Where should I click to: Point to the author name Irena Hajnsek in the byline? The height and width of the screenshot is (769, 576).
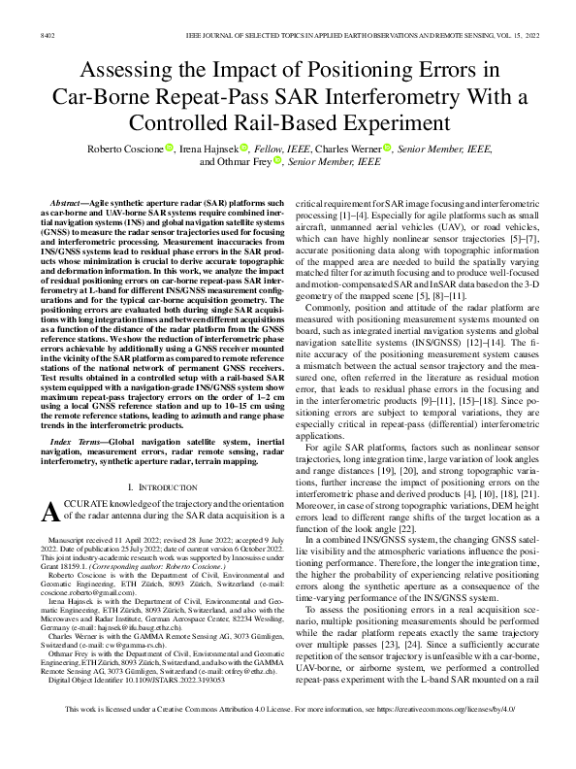(208, 148)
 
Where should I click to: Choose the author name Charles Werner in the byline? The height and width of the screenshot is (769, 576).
(347, 148)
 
